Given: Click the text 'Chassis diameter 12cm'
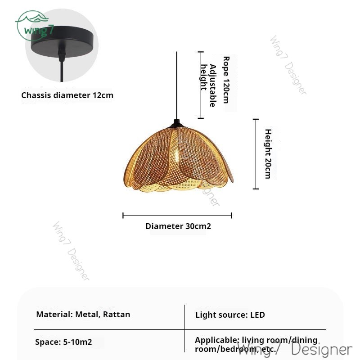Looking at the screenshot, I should pos(67,95).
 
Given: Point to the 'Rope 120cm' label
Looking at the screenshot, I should pos(226,79).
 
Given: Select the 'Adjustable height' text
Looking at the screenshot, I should pos(207,85).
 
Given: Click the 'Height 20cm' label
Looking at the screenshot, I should pos(268,154).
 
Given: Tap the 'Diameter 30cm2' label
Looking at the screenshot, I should pos(178,226).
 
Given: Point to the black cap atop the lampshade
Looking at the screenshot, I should pos(177,122).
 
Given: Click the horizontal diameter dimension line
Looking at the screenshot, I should pos(177,216).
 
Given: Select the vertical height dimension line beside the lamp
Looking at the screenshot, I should pos(256,154).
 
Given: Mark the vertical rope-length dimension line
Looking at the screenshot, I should pos(200,85).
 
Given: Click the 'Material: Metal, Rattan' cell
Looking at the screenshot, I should pos(83,315).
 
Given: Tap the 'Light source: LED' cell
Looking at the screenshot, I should pos(230,315).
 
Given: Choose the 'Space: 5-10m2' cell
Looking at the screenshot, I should pos(63,342).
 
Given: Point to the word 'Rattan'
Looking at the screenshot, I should pos(117,315).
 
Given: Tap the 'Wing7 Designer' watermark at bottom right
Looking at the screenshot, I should pos(295,349).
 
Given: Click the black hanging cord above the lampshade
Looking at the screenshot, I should pos(177,85).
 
